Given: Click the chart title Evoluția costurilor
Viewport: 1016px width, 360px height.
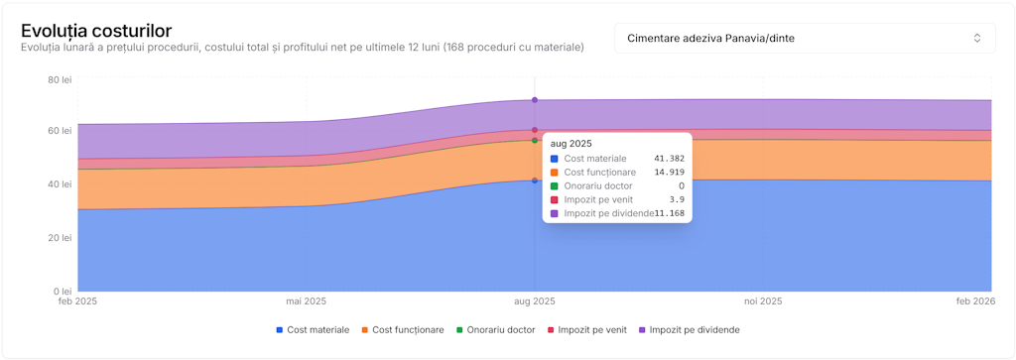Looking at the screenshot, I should pos(96,31).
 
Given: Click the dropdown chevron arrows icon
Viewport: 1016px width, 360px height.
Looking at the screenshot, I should pos(976,38).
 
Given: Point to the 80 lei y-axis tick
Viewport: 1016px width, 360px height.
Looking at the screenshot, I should pos(60,78).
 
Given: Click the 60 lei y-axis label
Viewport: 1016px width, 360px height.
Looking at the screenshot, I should pos(60,131).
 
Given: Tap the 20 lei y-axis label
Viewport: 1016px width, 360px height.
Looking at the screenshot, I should pos(60,238).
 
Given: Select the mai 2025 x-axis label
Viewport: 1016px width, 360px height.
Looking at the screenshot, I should pos(307,300).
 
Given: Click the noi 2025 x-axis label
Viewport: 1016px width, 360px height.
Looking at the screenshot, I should pos(763,300).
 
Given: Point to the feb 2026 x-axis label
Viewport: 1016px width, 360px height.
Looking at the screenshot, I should pos(975,300).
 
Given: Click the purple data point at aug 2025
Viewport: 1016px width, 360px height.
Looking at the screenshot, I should pos(535,100).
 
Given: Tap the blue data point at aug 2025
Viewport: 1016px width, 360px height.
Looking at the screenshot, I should pos(535,180).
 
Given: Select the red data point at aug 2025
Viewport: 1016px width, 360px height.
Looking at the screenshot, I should pos(535,130).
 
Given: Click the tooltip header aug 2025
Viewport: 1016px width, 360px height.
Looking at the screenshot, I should pos(571,144).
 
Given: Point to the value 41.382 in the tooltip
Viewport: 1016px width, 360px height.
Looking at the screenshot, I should pos(669,159).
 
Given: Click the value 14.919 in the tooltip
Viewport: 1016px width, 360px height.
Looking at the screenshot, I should pos(669,173).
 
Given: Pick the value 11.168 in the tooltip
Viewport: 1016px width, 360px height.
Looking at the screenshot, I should pos(670,214).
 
